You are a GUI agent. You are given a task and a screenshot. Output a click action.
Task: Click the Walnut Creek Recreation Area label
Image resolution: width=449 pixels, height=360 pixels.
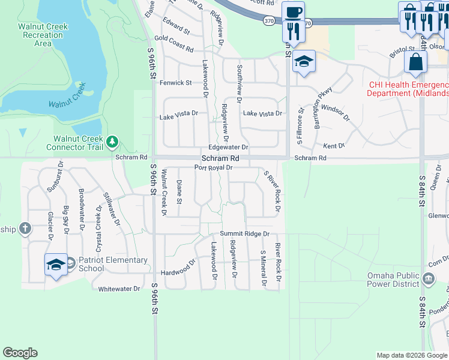tap(43, 35)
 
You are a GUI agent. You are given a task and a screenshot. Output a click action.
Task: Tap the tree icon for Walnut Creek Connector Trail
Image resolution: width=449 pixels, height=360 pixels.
tap(112, 142)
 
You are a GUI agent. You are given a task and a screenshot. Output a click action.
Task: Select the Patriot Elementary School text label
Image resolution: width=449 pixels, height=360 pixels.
tap(113, 264)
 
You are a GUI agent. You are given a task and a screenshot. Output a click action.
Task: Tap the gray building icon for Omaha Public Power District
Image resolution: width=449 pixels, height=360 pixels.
tap(429, 278)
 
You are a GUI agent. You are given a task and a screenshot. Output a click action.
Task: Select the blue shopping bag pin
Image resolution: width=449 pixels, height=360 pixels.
tap(416, 62)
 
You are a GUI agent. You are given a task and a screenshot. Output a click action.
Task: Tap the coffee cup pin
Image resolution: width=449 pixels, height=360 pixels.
tap(293, 13)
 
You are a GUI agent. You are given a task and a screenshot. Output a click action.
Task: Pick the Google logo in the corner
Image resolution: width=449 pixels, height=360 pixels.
tap(20, 353)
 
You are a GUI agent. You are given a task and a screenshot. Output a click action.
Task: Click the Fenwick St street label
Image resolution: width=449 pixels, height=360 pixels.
tap(175, 83)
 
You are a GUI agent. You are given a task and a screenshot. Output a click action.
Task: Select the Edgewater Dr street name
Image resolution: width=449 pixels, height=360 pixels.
tap(228, 147)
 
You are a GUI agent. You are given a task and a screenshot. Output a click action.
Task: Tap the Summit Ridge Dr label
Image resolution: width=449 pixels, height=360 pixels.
tap(244, 233)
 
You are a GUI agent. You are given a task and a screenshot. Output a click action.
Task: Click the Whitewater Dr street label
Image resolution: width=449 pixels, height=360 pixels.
tap(119, 289)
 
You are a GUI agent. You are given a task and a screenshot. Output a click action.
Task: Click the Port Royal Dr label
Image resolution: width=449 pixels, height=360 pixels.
tap(213, 167)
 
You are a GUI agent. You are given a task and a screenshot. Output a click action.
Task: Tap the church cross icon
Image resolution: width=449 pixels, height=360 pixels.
tap(24, 228)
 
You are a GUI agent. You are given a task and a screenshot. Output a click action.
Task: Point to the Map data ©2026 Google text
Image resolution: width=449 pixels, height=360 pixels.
tap(412, 355)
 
